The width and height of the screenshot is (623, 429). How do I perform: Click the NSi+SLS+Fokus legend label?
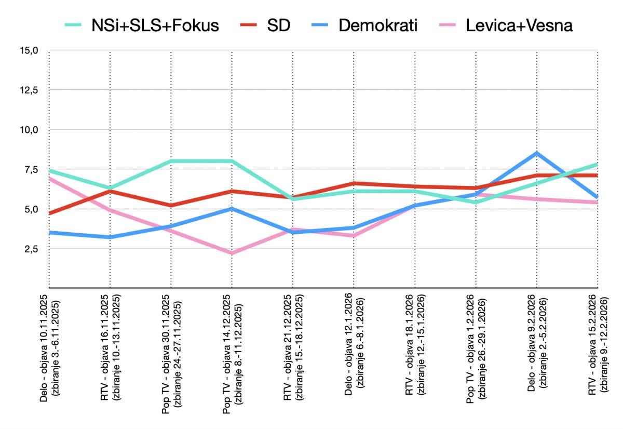pyautogui.click(x=155, y=25)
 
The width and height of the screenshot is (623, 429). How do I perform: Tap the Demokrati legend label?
pyautogui.click(x=377, y=25)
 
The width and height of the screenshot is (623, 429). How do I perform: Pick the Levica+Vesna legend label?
pyautogui.click(x=519, y=25)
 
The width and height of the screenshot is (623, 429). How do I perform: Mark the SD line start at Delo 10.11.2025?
pyautogui.click(x=49, y=213)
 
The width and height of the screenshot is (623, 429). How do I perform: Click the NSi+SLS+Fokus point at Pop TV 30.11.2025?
pyautogui.click(x=171, y=161)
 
